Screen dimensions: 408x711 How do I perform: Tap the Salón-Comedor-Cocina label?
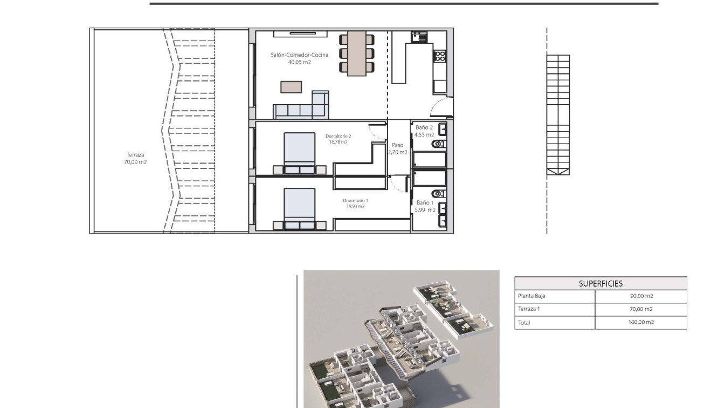(299, 58)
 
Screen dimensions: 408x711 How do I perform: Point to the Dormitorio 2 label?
(339, 139)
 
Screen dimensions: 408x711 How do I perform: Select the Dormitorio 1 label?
(355, 203)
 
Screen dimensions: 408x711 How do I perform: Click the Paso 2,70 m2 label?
(397, 148)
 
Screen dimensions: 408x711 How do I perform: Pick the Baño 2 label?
(424, 131)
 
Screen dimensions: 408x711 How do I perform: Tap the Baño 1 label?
(425, 206)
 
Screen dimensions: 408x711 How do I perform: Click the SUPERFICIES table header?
(600, 283)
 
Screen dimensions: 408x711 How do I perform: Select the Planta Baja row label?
(531, 296)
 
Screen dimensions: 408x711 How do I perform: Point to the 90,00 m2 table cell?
(641, 296)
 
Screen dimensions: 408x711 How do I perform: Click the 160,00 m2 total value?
(641, 322)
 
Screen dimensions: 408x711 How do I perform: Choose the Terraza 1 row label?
(529, 309)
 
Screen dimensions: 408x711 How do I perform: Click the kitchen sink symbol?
(419, 37)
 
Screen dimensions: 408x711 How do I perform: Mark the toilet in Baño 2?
(438, 144)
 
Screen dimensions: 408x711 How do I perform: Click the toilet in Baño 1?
(438, 194)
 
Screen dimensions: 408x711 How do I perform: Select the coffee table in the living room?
(291, 87)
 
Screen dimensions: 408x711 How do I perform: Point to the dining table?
(356, 53)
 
